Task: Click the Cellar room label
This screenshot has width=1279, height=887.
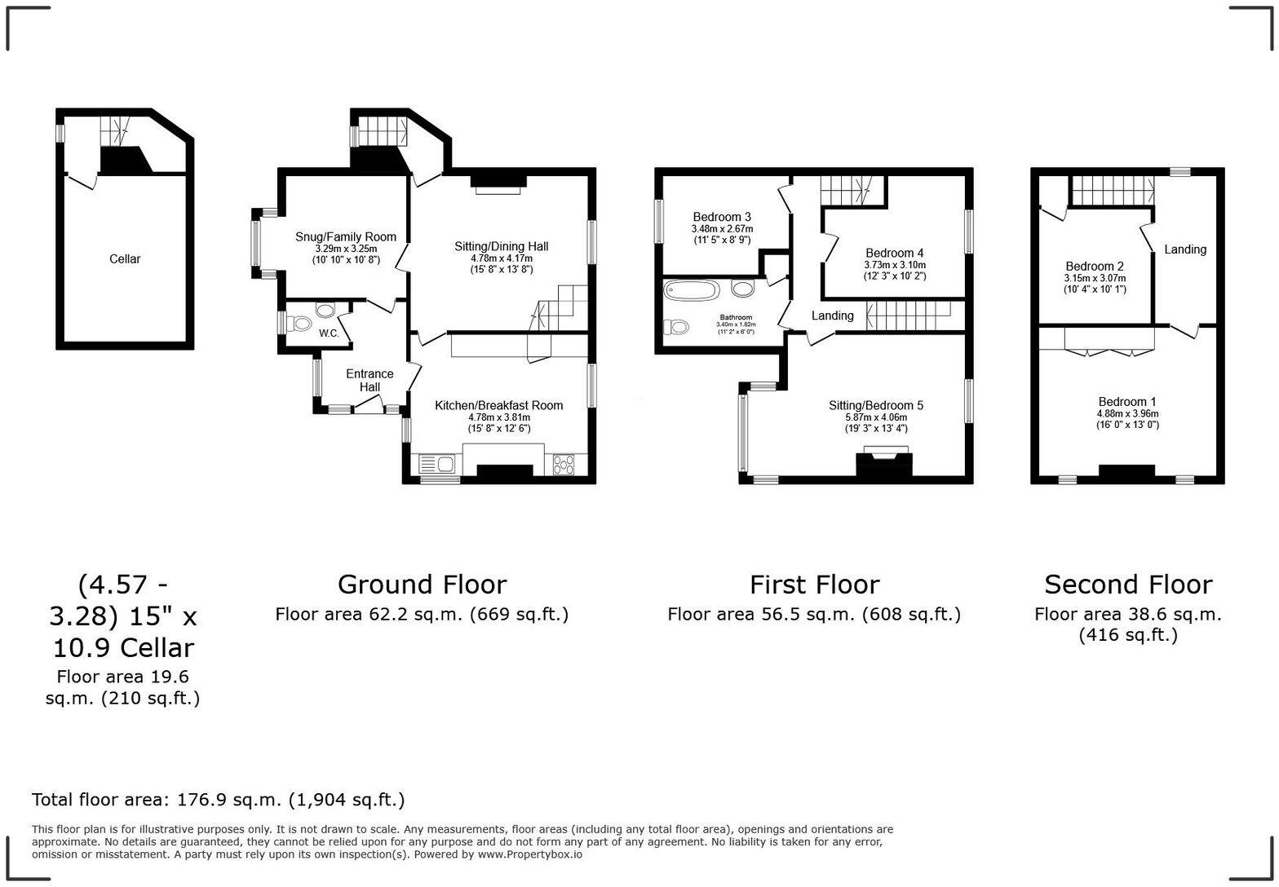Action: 125,259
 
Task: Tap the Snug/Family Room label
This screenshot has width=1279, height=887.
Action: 345,237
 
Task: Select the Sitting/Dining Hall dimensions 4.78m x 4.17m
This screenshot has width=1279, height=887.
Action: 501,258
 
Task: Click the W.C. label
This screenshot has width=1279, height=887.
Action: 329,333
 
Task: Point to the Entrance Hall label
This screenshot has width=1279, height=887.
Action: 370,380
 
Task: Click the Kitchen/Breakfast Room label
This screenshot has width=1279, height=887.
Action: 498,405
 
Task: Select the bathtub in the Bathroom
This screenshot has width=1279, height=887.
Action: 692,290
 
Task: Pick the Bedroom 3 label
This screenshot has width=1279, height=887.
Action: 721,217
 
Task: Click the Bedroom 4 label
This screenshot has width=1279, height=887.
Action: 894,253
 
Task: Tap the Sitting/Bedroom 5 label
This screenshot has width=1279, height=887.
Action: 875,405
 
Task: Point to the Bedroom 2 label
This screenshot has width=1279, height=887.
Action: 1094,267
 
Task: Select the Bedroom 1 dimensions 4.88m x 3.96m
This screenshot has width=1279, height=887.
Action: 1127,413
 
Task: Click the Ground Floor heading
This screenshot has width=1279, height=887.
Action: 422,585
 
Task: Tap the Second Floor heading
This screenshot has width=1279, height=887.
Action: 1128,585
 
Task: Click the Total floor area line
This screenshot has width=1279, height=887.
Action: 218,800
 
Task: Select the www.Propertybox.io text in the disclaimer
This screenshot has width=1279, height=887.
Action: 529,854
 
